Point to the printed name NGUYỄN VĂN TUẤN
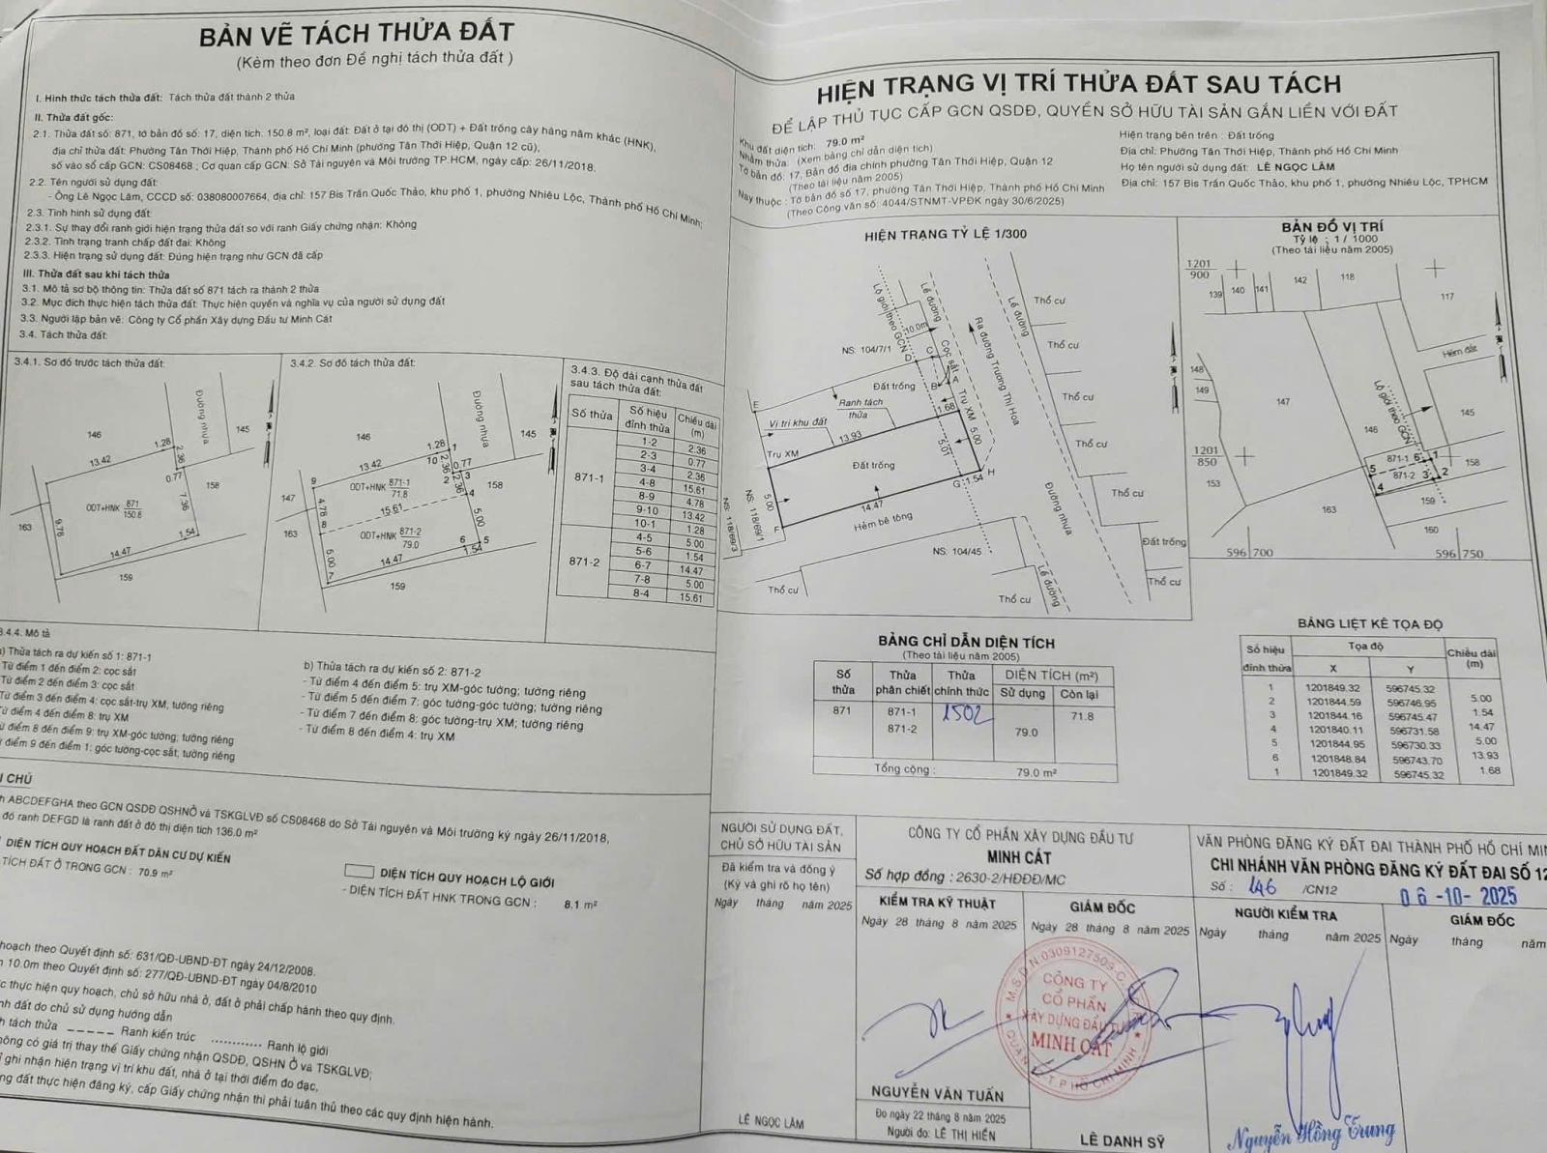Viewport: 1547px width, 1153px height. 936,1093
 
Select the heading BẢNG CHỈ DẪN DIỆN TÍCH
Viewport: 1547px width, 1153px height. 966,642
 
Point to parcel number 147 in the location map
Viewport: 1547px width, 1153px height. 1282,401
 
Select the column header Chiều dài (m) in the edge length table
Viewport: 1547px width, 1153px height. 696,426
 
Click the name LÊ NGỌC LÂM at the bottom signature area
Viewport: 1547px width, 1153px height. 771,1122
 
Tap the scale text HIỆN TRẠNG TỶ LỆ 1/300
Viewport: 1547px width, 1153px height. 946,234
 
